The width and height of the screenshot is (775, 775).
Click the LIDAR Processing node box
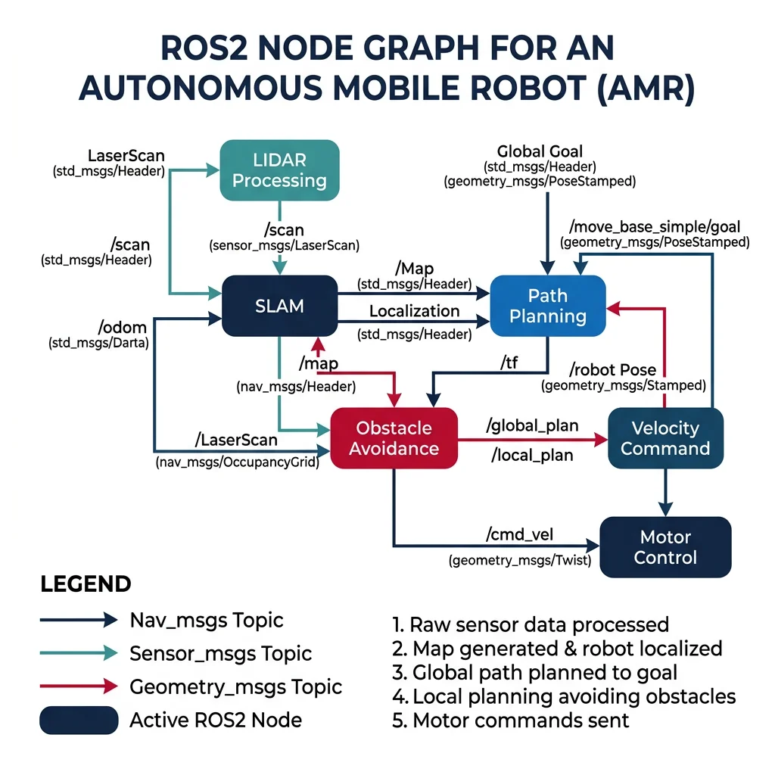[x=279, y=170]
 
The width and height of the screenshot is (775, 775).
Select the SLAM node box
[x=279, y=306]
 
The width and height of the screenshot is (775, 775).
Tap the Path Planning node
[x=548, y=306]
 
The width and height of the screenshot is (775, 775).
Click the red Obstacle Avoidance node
[x=394, y=438]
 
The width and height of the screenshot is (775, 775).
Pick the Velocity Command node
[x=665, y=438]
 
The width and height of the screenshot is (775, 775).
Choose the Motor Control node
[x=665, y=547]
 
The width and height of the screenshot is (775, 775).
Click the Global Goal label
[x=540, y=152]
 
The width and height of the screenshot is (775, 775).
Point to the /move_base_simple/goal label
[x=655, y=226]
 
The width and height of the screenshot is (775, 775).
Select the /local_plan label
[x=532, y=455]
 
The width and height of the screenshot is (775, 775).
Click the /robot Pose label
[x=612, y=370]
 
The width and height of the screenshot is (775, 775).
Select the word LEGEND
[x=86, y=584]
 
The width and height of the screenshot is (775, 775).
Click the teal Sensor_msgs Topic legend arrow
[x=79, y=653]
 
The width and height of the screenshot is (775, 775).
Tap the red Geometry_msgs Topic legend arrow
[x=79, y=686]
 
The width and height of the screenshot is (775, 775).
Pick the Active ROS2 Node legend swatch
[x=79, y=720]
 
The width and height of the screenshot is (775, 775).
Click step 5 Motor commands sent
[x=511, y=719]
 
